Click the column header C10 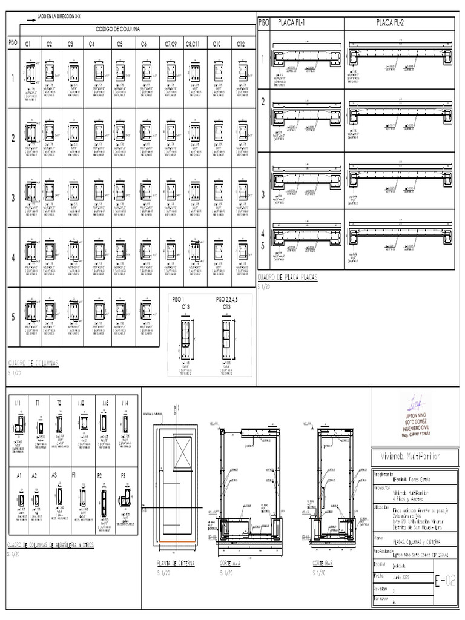click(x=217, y=44)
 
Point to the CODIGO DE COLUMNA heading click(x=118, y=29)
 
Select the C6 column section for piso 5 click(x=146, y=311)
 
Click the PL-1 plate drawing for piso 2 click(x=306, y=116)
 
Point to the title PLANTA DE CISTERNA click(x=176, y=563)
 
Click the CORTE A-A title click(x=231, y=563)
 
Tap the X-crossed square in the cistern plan click(x=182, y=449)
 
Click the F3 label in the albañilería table click(x=124, y=475)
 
